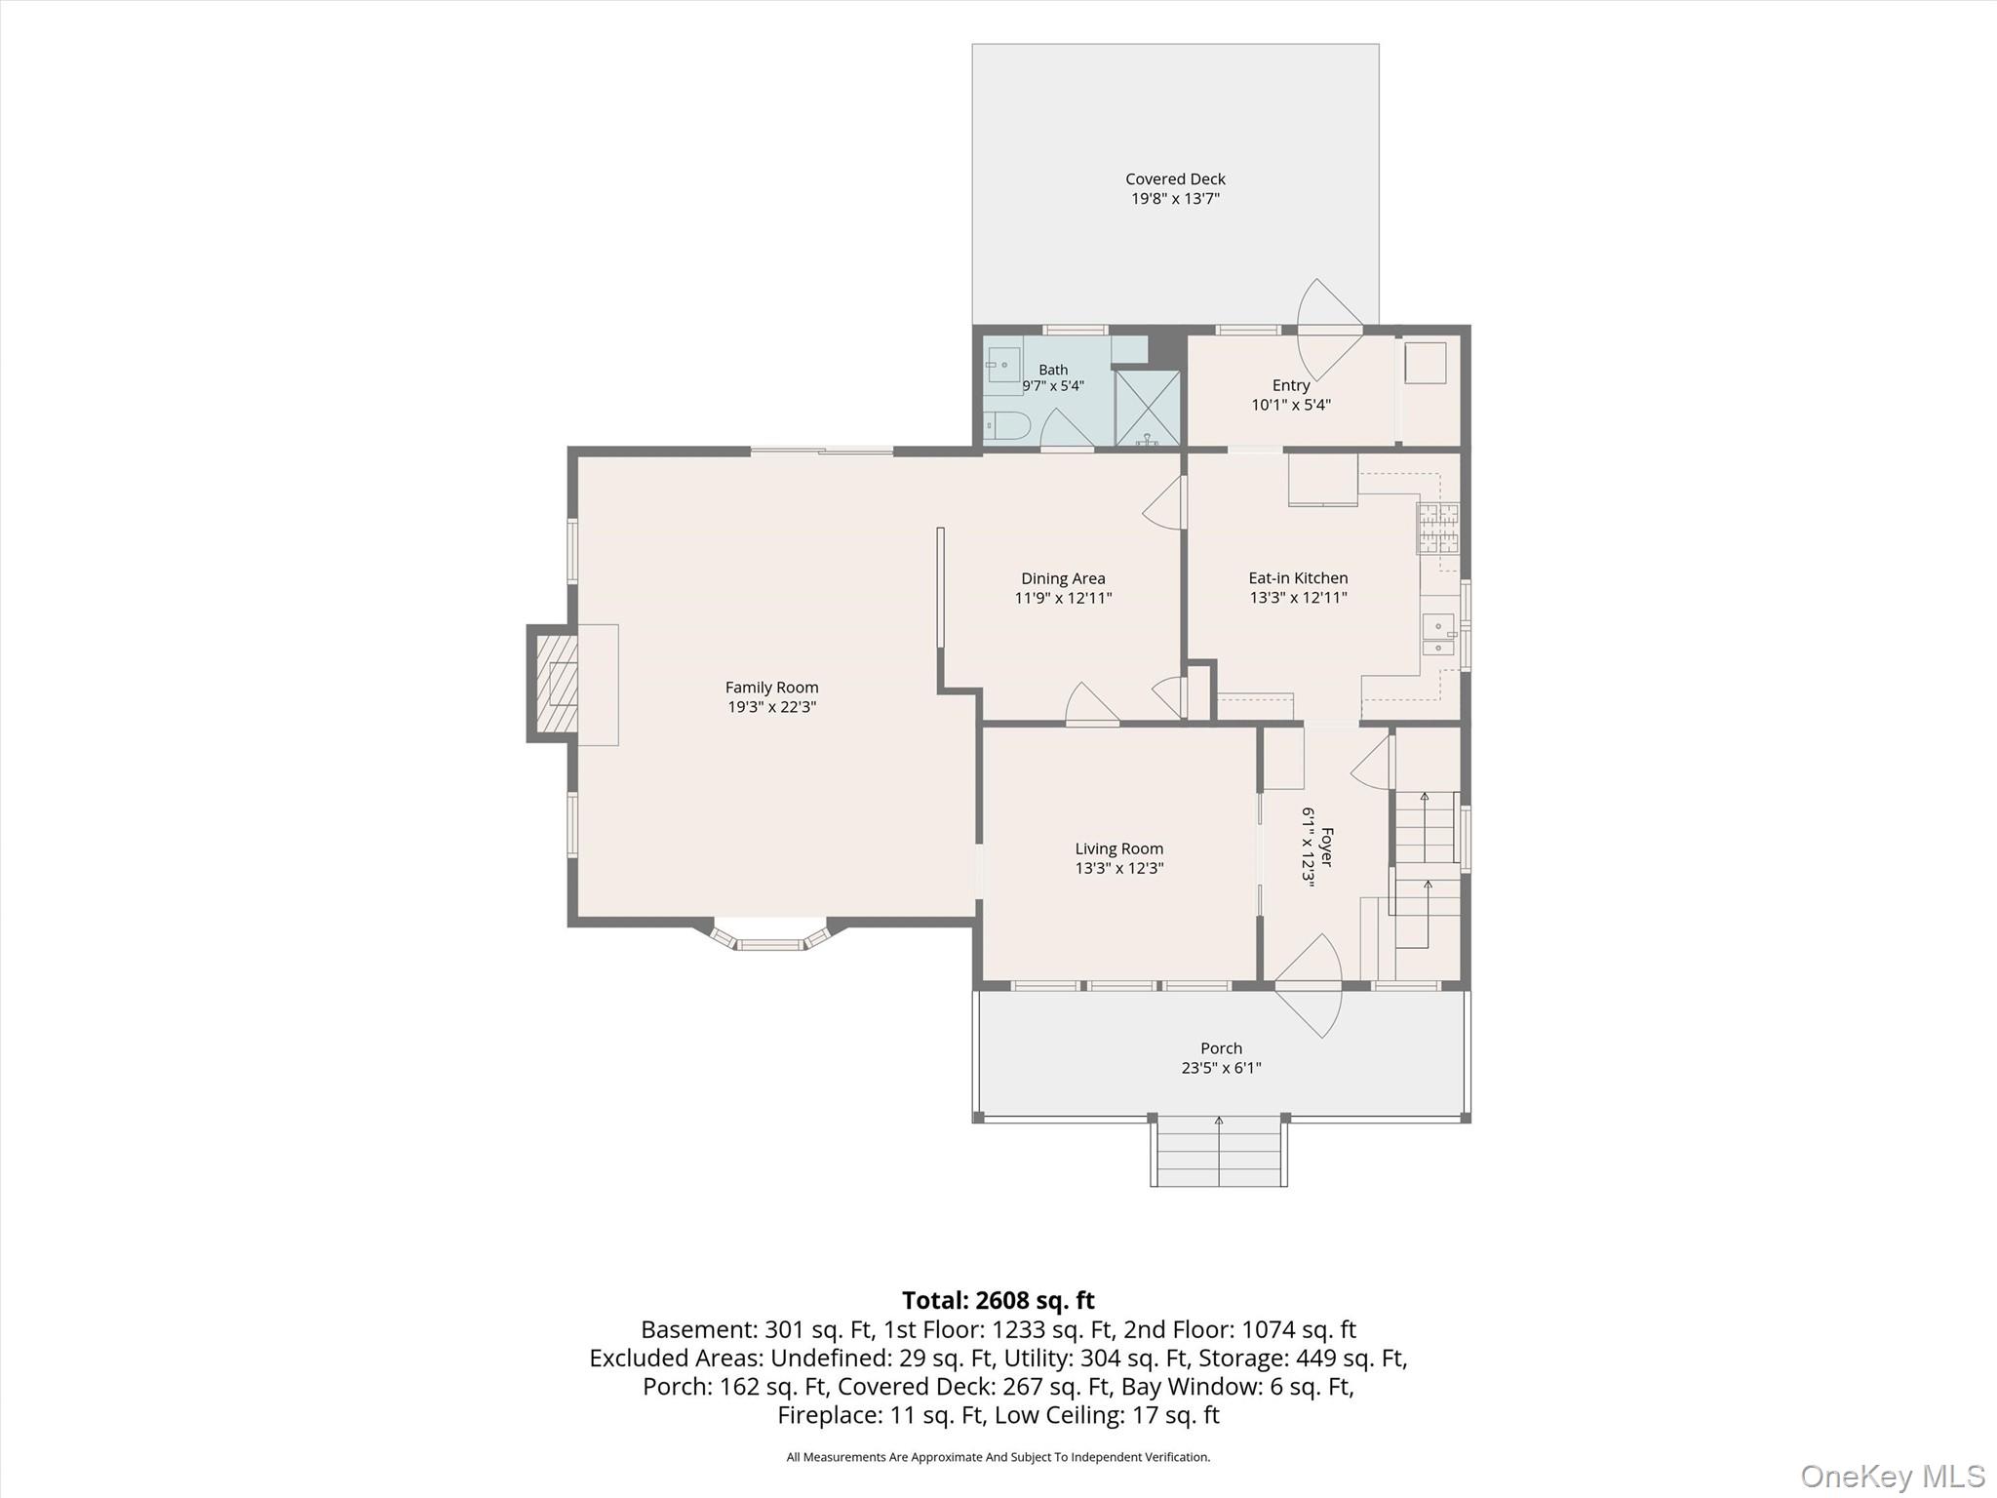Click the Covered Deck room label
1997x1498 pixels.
[1175, 179]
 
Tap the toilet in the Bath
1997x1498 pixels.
[1005, 426]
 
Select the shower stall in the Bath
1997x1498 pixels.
[1147, 408]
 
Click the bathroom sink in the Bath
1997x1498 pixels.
[1001, 365]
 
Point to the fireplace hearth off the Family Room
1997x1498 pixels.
[553, 684]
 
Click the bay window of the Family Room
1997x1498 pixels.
[770, 934]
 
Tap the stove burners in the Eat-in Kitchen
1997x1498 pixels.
[1438, 528]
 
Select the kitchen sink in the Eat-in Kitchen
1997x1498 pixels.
[1438, 635]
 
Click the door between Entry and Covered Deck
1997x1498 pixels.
[1330, 331]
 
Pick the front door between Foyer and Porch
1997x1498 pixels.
[1309, 986]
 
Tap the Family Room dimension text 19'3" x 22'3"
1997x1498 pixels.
[771, 707]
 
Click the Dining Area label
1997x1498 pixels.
[1063, 578]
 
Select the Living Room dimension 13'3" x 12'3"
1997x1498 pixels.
[1119, 868]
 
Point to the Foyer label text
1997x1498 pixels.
[1326, 848]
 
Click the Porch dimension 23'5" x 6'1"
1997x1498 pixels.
[1221, 1068]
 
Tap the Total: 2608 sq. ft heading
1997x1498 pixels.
[998, 1300]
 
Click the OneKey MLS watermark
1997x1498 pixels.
[1893, 1476]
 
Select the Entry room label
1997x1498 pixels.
[1291, 385]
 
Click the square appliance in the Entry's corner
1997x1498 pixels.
[1425, 363]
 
